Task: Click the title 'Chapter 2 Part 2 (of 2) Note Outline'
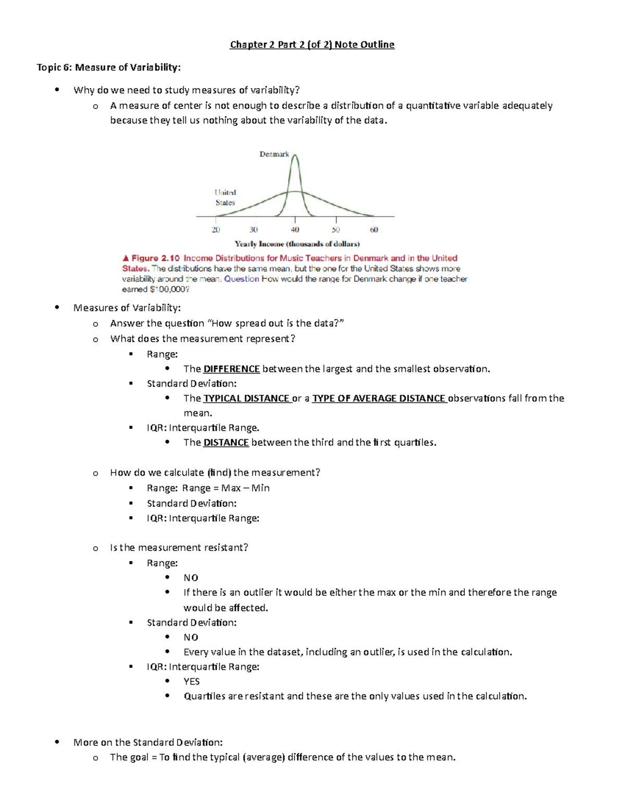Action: point(312,45)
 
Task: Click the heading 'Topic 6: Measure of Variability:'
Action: point(108,67)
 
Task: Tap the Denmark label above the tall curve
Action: point(274,154)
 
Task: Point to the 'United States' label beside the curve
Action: point(225,197)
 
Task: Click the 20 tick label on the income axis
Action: point(216,230)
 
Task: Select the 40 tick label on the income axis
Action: point(295,230)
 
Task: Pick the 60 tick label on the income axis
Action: point(374,230)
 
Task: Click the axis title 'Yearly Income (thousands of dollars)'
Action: point(297,244)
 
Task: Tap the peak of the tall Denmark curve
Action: point(295,155)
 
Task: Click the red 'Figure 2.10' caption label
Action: point(155,258)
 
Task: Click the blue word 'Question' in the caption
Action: point(241,279)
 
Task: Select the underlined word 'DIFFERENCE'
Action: point(231,369)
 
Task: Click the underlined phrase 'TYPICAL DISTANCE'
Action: point(246,399)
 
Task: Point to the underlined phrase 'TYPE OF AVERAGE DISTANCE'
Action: point(379,399)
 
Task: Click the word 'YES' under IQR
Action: point(191,681)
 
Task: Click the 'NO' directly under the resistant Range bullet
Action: point(191,578)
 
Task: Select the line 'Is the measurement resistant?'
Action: point(179,547)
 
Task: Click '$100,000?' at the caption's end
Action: point(169,290)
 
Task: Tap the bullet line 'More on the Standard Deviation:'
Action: point(148,742)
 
